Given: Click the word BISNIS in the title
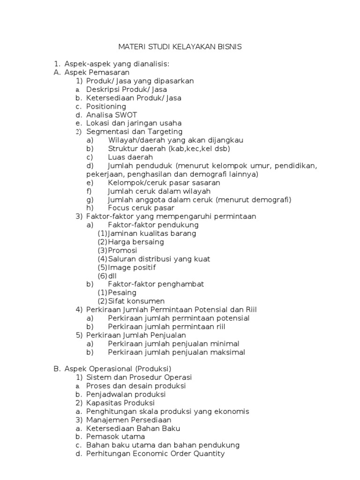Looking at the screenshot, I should pyautogui.click(x=229, y=47).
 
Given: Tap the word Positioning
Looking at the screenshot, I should pyautogui.click(x=106, y=106).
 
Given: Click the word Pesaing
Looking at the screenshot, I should pyautogui.click(x=122, y=292).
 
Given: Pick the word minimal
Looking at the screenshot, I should pyautogui.click(x=225, y=344).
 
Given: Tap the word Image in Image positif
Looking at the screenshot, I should pyautogui.click(x=118, y=267).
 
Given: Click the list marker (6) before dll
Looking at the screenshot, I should pyautogui.click(x=102, y=276).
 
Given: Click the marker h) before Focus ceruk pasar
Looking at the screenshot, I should pyautogui.click(x=90, y=208).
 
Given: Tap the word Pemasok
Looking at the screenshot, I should pyautogui.click(x=101, y=437).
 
